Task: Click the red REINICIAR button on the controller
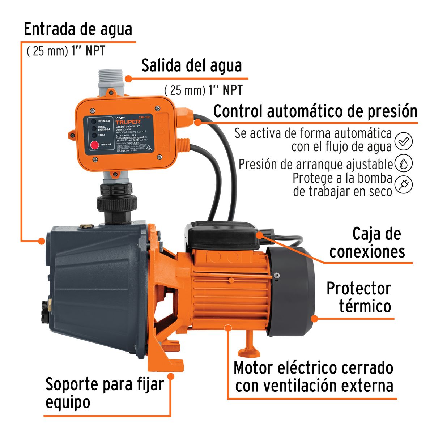[94, 145]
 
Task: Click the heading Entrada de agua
[78, 29]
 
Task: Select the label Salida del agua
[191, 66]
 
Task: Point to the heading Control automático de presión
[315, 111]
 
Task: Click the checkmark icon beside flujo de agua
[403, 141]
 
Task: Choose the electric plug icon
[403, 184]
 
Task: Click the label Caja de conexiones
[367, 243]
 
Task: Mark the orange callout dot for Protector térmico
[314, 319]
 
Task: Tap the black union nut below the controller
[116, 203]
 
